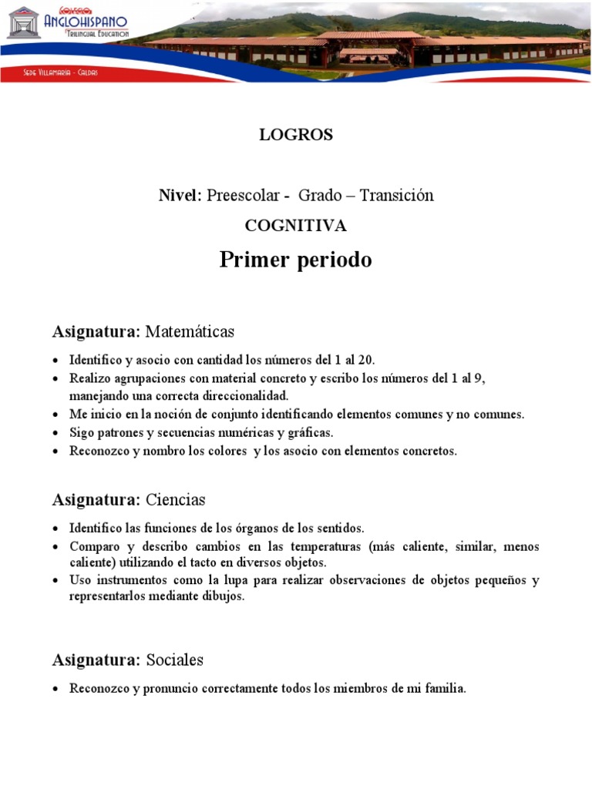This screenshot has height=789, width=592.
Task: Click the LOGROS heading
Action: [x=296, y=134]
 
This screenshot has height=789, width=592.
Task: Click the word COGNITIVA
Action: [x=296, y=226]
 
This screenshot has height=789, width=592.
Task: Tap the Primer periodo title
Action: [x=296, y=260]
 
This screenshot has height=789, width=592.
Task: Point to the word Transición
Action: [x=396, y=196]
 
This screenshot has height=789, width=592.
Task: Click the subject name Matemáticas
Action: [x=190, y=332]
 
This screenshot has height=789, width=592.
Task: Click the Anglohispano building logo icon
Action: [x=23, y=22]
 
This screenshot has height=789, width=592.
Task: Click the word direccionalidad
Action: [x=243, y=396]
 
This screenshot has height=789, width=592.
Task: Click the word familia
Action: [x=445, y=690]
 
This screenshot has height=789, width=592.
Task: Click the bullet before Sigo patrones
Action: [x=57, y=434]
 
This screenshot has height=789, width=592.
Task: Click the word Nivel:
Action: [x=180, y=196]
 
